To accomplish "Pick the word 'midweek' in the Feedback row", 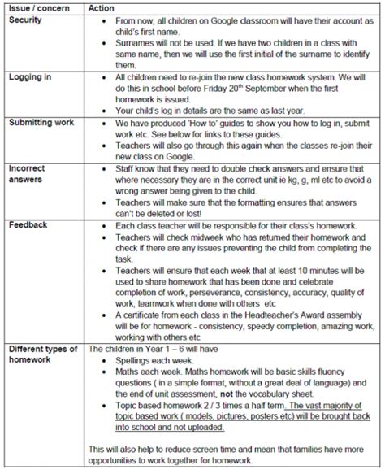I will (x=199, y=241).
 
